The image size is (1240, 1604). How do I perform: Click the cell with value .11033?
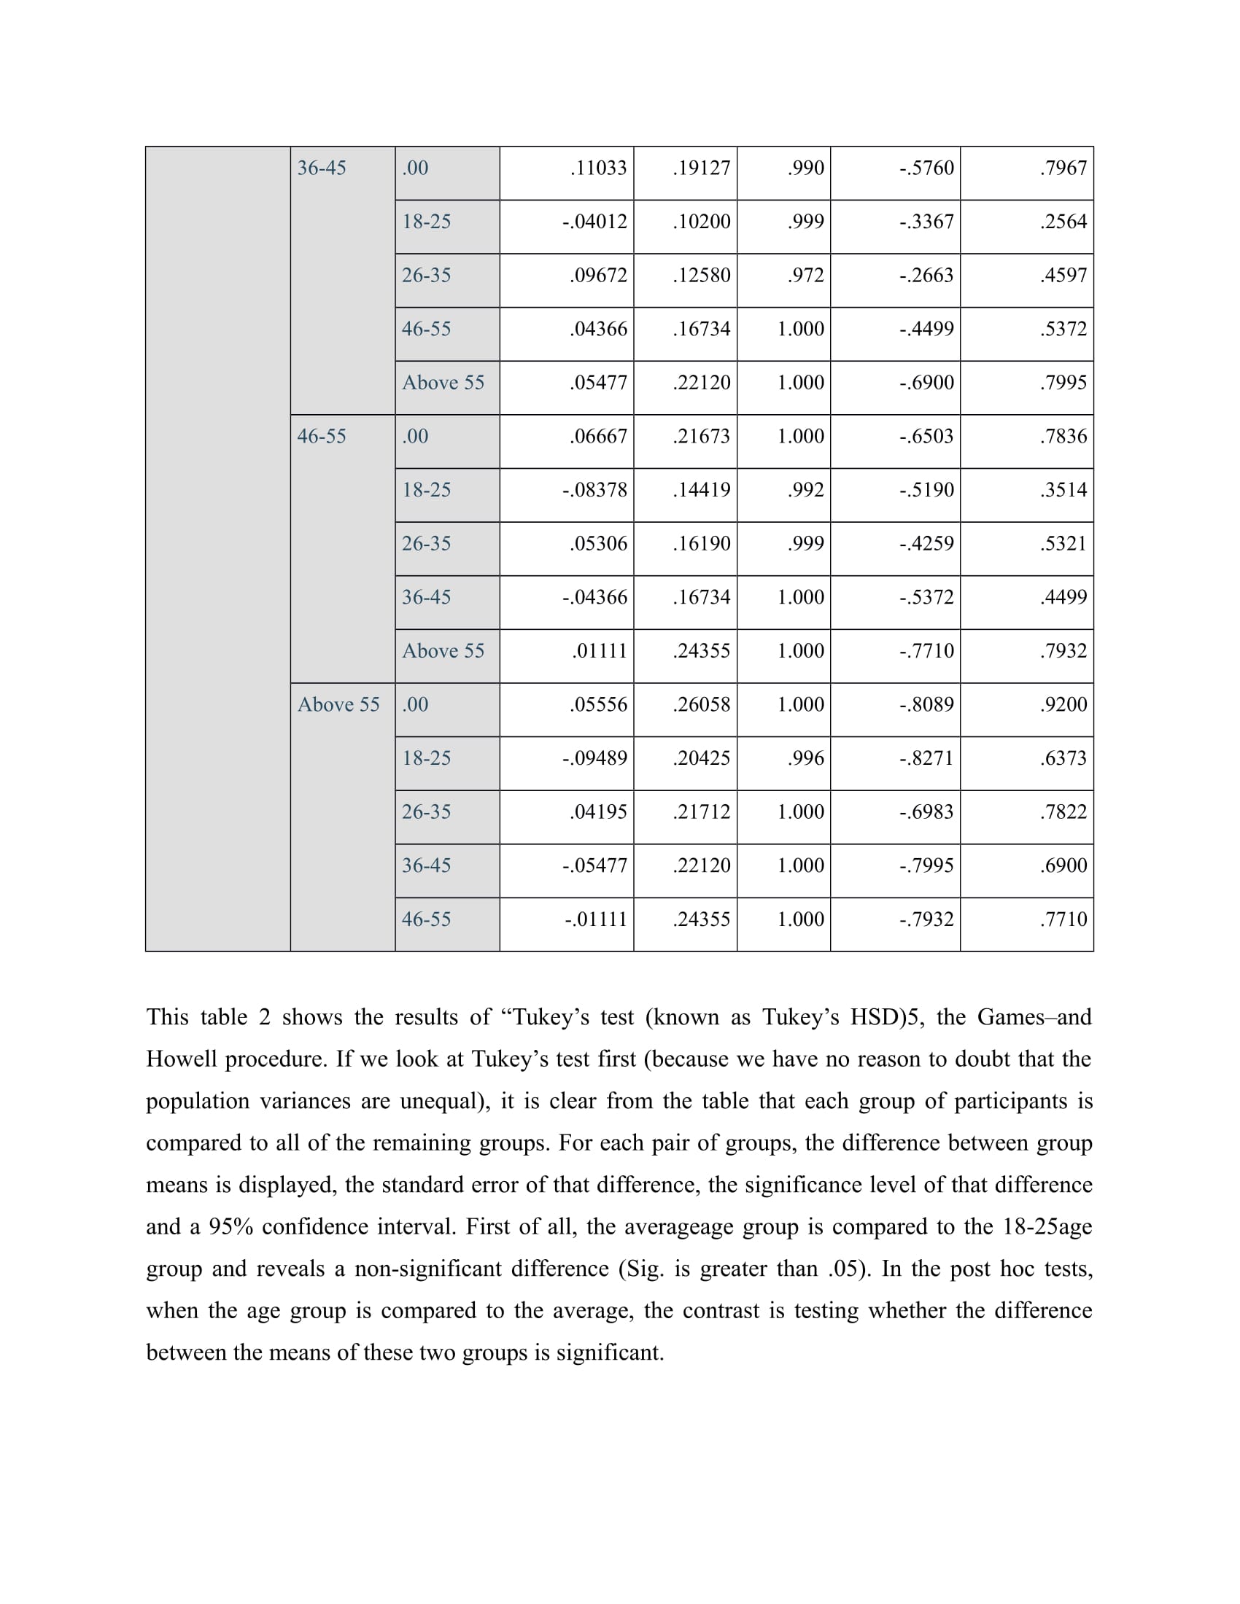click(599, 168)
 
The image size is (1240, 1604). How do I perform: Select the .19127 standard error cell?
click(702, 168)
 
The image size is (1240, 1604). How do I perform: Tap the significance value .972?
click(806, 276)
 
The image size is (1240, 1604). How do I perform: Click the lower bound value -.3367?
click(926, 222)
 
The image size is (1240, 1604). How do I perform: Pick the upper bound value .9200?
click(1063, 704)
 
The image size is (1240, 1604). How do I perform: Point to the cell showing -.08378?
click(594, 490)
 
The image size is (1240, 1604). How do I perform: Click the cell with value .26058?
click(702, 704)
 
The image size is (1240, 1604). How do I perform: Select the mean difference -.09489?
click(594, 758)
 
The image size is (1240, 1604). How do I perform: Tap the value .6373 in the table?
click(1063, 758)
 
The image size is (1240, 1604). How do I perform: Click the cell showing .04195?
click(599, 811)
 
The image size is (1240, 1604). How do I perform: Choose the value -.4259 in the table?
click(926, 543)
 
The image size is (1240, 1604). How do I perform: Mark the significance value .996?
click(806, 758)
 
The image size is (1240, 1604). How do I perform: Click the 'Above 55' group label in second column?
click(338, 704)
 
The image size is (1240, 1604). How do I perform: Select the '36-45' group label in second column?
click(322, 168)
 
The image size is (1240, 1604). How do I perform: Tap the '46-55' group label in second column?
click(322, 436)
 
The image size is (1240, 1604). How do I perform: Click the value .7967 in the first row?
click(1063, 168)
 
